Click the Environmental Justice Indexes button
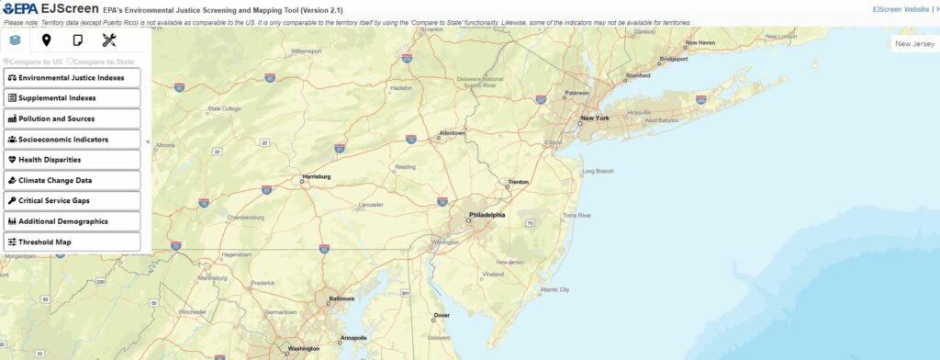coord(72,78)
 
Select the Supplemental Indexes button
coord(72,98)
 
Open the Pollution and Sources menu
coord(72,118)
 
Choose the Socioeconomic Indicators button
coord(72,140)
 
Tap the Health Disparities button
coord(72,160)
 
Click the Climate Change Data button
coord(72,181)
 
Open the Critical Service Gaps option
coord(72,201)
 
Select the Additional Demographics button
coord(72,221)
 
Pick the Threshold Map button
coord(72,242)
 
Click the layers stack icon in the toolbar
coord(15,39)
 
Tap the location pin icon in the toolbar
coord(46,39)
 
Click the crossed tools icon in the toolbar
coord(109,39)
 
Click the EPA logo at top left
coord(19,9)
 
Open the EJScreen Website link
coord(900,9)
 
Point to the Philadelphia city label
coord(487,215)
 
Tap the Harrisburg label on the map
coord(316,176)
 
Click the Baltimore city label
coord(341,298)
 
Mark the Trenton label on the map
coord(519,182)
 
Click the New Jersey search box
coord(915,43)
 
